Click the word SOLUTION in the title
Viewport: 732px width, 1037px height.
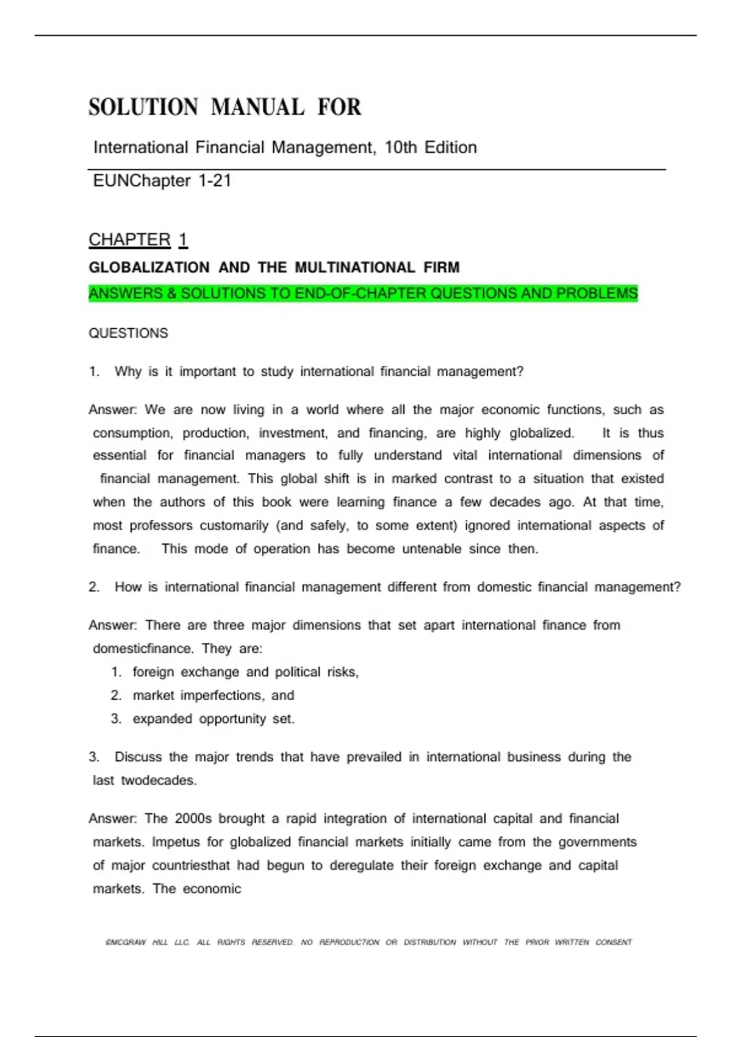coord(143,107)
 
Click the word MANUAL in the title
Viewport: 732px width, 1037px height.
coord(257,107)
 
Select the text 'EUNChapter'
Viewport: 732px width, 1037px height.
coord(142,181)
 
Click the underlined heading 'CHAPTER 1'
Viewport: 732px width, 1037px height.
coord(138,240)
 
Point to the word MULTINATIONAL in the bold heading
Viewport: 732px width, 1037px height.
coord(355,267)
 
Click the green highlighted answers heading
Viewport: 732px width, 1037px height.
coord(363,293)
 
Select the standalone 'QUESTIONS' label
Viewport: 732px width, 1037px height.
coord(128,333)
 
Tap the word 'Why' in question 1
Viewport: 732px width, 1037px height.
coord(127,371)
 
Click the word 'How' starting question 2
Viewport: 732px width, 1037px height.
coord(127,587)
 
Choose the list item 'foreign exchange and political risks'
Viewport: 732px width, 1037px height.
coord(245,672)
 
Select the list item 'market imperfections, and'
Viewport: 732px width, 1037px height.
coord(213,695)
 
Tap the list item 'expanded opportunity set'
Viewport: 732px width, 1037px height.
coord(213,719)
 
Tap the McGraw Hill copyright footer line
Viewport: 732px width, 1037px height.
coord(368,942)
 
